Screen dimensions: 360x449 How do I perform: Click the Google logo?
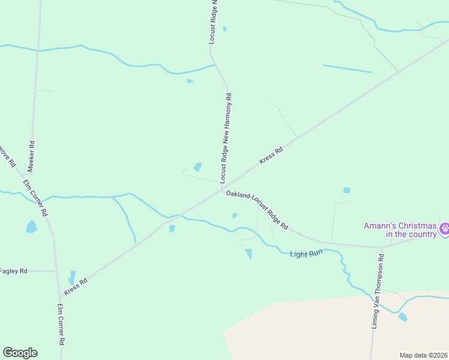point(20,353)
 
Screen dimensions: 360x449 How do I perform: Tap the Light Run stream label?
point(307,254)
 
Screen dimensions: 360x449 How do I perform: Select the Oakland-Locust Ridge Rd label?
point(257,211)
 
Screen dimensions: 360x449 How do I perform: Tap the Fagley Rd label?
point(13,271)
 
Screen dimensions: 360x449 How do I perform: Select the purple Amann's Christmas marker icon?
point(445,229)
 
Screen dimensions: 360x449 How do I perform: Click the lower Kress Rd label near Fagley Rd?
point(76,285)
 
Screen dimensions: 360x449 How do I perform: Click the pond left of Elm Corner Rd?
point(31,227)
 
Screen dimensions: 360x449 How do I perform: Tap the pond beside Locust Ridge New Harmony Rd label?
point(197,167)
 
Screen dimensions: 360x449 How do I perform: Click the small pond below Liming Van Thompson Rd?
point(402,317)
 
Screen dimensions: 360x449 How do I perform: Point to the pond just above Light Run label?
point(249,254)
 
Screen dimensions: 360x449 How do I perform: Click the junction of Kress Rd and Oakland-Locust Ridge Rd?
point(222,190)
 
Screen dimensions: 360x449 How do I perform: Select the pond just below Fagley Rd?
point(72,278)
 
